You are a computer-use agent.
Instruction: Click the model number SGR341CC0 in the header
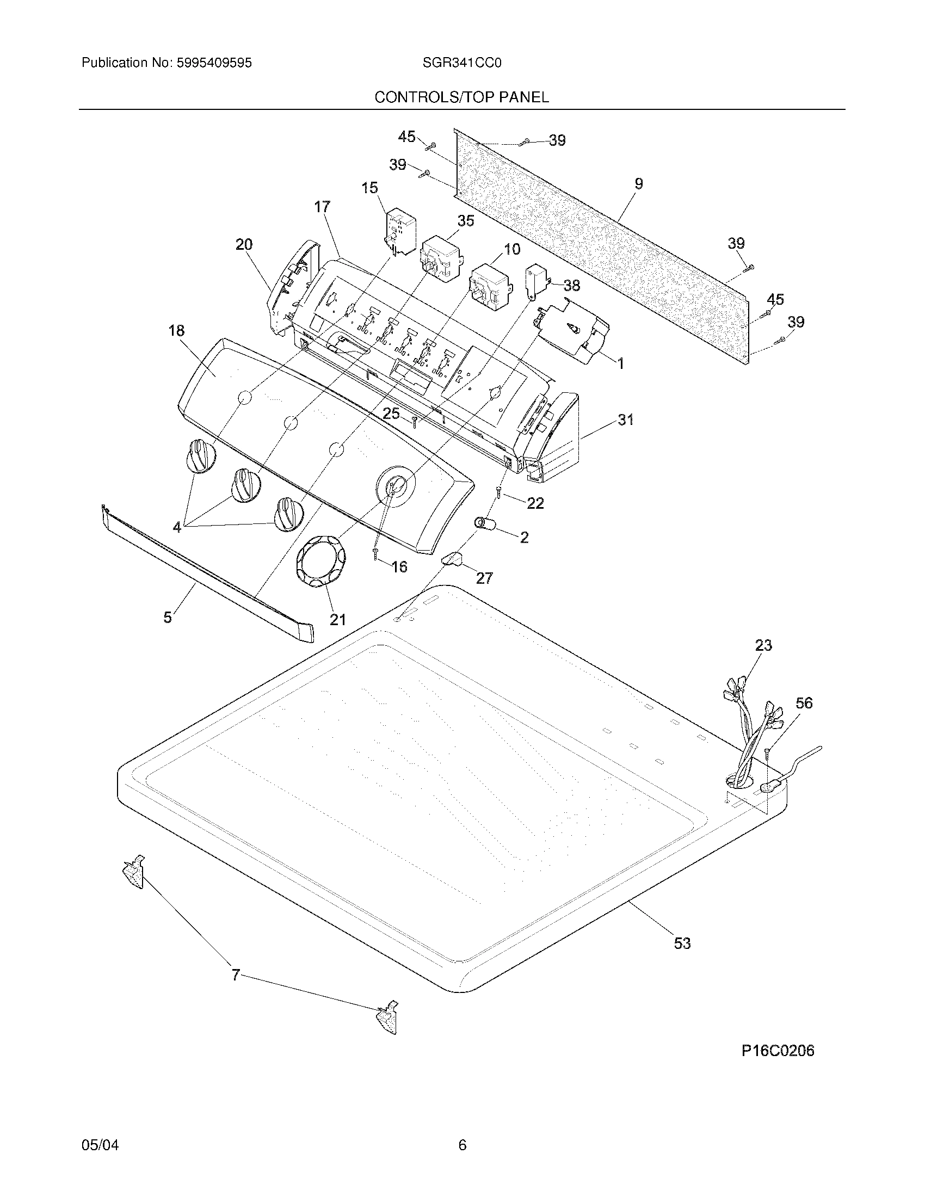coord(461,63)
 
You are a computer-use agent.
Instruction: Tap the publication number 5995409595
coord(214,63)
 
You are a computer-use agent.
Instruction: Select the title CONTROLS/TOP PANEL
coord(461,97)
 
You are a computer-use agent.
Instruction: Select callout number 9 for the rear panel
coord(638,184)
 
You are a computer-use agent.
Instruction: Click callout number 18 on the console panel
coord(176,330)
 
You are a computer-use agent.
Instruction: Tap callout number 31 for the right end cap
coord(626,420)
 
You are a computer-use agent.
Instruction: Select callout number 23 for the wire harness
coord(763,645)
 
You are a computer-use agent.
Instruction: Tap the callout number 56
coord(804,702)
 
